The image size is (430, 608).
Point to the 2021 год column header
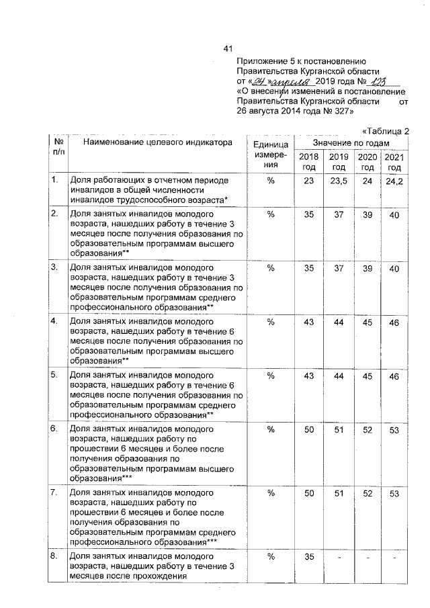(x=394, y=162)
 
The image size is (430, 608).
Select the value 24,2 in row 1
(x=394, y=183)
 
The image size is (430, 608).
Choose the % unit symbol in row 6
(x=271, y=429)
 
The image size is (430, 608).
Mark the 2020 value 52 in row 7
(x=368, y=492)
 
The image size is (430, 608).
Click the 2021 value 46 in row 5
(x=394, y=376)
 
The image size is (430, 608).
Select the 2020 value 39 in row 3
(x=368, y=268)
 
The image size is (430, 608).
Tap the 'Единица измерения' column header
(x=271, y=154)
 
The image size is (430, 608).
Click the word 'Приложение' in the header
(x=263, y=60)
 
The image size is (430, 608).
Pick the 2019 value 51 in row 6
(x=339, y=429)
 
